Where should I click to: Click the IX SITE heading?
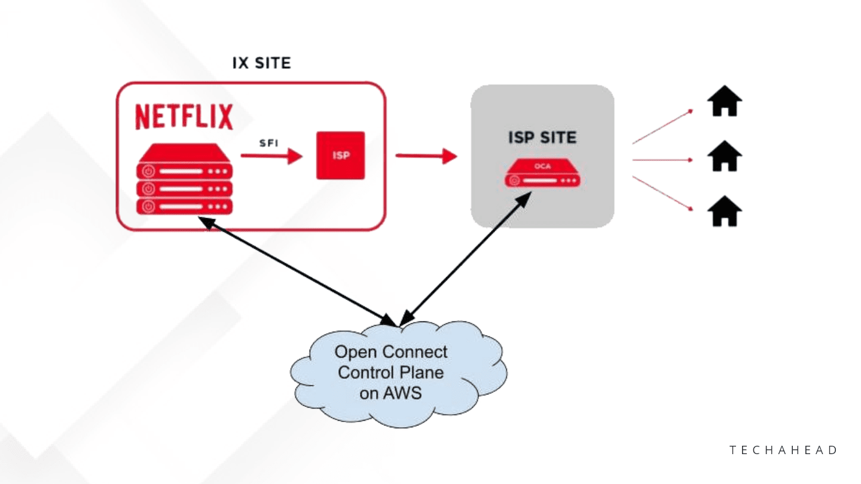(261, 63)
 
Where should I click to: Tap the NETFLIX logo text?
(184, 117)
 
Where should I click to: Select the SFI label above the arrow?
(269, 144)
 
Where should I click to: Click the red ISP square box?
(340, 155)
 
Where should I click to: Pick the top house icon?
(724, 102)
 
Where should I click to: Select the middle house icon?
(724, 157)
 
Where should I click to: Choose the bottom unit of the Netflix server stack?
(184, 207)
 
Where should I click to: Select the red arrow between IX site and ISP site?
(426, 157)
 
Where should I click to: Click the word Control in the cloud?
(365, 373)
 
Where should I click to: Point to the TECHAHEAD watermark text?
(784, 450)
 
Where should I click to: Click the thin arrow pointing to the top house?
(662, 127)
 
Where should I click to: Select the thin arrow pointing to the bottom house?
(662, 193)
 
